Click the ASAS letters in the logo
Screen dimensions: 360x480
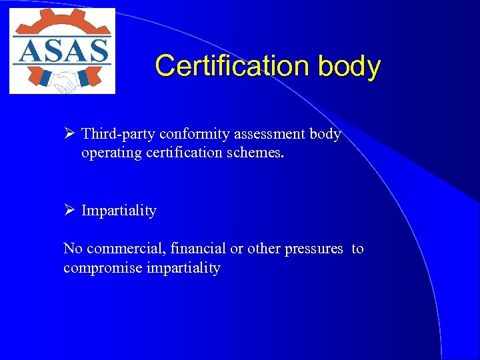61,51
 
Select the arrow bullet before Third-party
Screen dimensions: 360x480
69,134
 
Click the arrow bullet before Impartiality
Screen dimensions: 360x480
69,211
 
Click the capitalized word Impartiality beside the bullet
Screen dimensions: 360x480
119,211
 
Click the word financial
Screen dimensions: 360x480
198,249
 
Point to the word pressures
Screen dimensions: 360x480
313,249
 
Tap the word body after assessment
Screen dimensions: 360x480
325,134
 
